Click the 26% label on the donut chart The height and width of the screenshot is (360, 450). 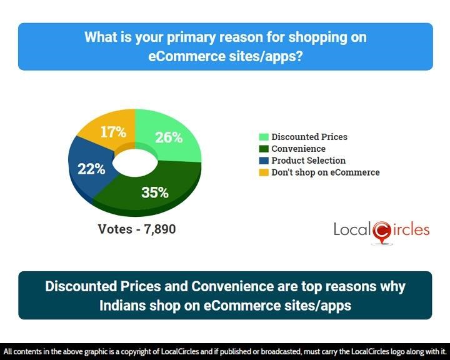169,137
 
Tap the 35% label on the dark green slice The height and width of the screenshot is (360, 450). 155,192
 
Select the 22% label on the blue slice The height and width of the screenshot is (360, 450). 91,169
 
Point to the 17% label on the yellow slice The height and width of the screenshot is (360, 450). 113,132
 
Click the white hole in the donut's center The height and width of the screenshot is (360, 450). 135,162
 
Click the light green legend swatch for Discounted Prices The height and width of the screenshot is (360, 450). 264,137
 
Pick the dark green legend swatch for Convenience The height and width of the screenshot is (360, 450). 264,149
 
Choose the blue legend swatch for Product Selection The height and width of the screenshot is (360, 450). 264,161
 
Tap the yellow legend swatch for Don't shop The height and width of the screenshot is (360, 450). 264,172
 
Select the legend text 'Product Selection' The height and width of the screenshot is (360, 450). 309,161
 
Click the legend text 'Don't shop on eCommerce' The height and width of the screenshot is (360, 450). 326,172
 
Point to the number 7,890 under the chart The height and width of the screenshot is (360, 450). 160,229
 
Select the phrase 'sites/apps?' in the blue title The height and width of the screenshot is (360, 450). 266,56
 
